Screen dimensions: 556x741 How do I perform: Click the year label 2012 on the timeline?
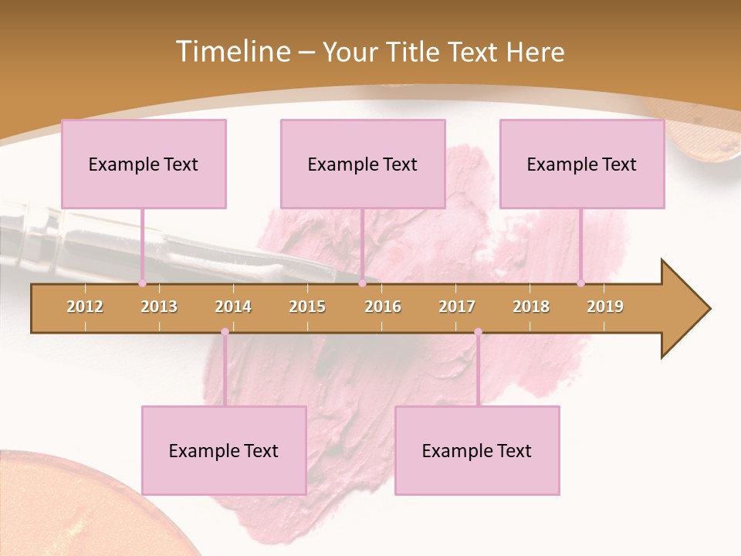pos(85,307)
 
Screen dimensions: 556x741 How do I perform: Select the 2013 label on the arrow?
pos(159,307)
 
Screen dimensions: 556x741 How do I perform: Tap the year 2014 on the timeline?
pos(233,307)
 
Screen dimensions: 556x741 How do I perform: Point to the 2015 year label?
pos(307,307)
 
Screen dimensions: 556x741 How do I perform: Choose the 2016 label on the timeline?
pos(383,307)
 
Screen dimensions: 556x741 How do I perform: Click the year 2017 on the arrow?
pos(457,307)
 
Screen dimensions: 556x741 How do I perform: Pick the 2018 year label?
pos(531,307)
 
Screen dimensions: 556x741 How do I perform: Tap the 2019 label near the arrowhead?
pos(605,307)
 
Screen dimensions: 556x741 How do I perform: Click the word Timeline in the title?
pos(231,52)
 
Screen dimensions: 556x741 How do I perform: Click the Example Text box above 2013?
pos(144,164)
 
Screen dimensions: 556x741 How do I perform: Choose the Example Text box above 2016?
pos(363,164)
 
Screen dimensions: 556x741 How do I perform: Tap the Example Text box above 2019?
pos(582,164)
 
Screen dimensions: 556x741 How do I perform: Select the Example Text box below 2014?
pos(224,450)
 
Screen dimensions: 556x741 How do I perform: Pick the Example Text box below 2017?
pos(477,450)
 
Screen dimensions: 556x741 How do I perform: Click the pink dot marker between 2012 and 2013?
pos(142,283)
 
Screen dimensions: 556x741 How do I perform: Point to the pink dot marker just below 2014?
pos(225,332)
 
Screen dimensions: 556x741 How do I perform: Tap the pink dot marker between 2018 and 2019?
pos(580,283)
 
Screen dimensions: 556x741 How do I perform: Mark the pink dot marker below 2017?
pos(478,332)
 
